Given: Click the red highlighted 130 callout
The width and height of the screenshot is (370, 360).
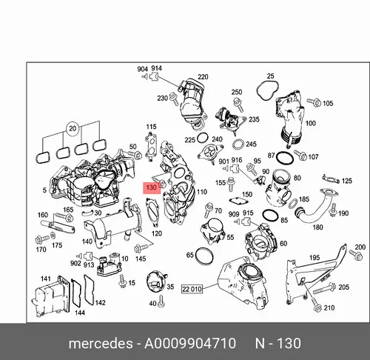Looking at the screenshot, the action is (x=152, y=187).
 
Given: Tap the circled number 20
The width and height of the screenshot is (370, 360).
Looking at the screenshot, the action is (x=73, y=129).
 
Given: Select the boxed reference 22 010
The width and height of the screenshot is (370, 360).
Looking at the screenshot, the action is (x=192, y=289).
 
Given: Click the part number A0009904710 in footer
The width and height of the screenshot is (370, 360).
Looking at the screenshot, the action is (x=190, y=344).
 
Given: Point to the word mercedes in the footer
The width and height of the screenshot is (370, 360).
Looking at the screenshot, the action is (x=101, y=344).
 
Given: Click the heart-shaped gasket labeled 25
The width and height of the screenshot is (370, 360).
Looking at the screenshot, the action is (x=268, y=90).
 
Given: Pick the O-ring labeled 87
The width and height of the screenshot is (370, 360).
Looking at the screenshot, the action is (x=285, y=158).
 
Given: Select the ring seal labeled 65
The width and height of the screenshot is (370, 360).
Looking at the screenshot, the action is (x=204, y=256).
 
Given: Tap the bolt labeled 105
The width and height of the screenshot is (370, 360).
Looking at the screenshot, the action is (x=314, y=102).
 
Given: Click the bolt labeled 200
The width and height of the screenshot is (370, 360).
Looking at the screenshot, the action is (x=355, y=255).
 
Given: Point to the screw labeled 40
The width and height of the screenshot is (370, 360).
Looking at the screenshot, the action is (x=161, y=301).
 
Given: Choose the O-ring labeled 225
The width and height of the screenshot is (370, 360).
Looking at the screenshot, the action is (x=203, y=138).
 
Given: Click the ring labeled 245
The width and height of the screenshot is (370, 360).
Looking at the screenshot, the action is (x=238, y=145).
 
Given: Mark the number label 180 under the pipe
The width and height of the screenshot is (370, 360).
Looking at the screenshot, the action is (x=317, y=227).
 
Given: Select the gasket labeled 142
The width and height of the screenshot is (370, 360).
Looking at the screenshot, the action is (x=89, y=290).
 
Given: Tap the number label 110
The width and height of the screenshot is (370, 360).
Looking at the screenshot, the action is (x=201, y=192).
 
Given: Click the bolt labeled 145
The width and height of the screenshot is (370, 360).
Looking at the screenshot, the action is (x=142, y=247).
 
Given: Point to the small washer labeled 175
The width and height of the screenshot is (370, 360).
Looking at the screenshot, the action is (x=53, y=236).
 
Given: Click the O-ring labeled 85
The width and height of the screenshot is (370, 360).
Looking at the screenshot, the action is (x=271, y=216).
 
